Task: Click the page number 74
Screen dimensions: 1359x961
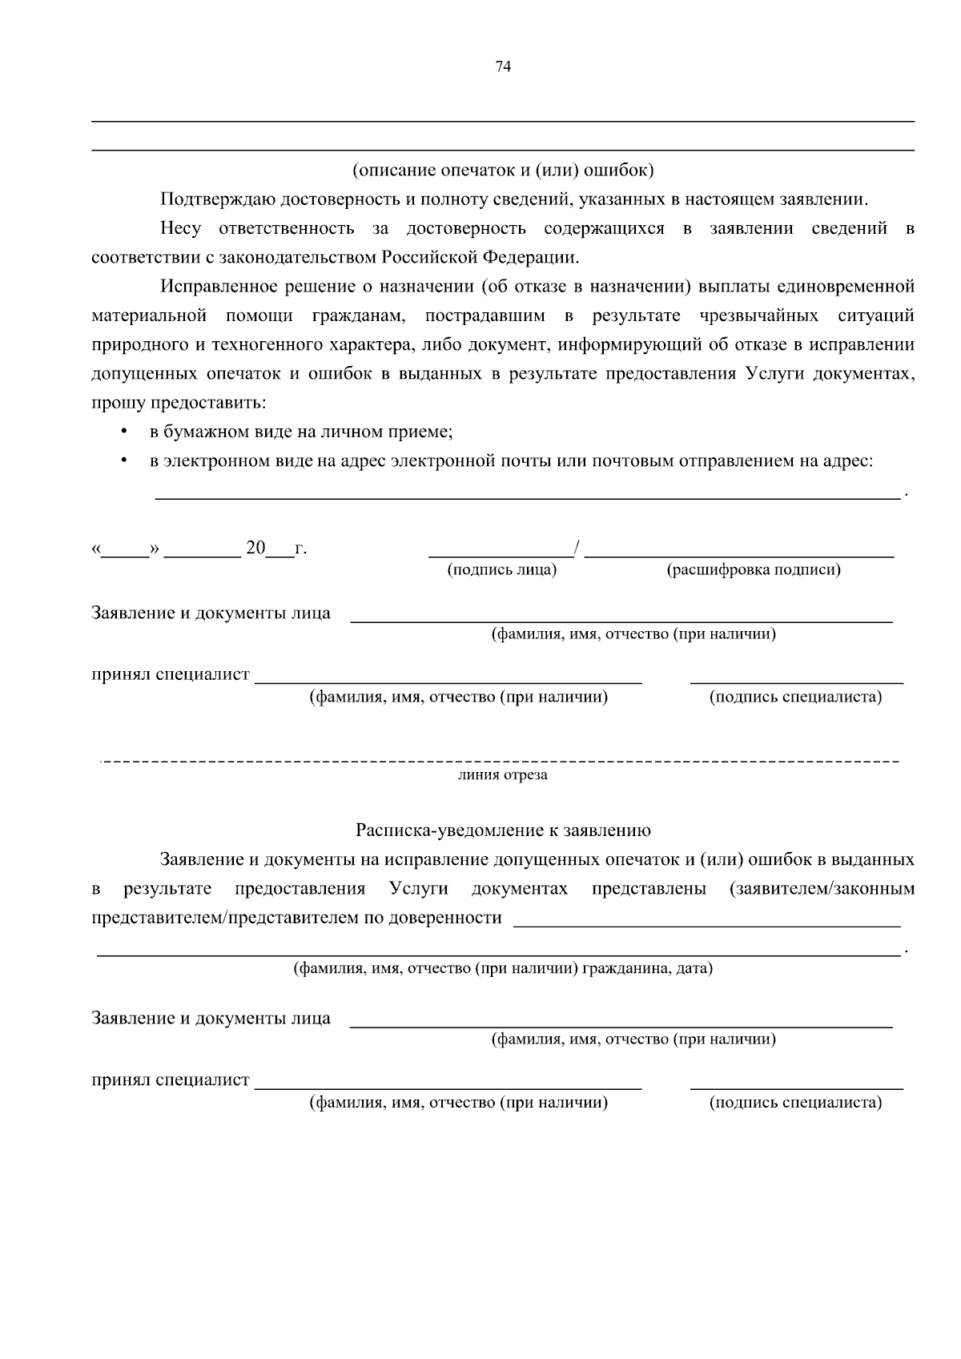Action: tap(503, 66)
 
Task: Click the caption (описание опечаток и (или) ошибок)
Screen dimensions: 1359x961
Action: tap(503, 170)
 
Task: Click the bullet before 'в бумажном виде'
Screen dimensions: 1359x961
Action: tap(123, 432)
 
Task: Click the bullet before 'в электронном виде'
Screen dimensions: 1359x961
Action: tap(123, 461)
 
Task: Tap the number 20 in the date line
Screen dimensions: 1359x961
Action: tap(255, 549)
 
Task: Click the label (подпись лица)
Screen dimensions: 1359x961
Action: tap(501, 570)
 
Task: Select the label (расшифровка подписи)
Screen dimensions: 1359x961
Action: tap(754, 570)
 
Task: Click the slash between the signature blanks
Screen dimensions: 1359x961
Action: tap(577, 549)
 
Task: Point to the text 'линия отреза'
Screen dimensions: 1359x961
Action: tap(503, 775)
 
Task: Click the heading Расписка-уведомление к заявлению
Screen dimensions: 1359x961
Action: tap(503, 830)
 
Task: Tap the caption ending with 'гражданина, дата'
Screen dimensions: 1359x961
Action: tap(503, 968)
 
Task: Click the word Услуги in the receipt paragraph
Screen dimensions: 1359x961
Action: tap(418, 889)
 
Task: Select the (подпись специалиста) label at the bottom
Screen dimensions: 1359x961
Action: tap(795, 1103)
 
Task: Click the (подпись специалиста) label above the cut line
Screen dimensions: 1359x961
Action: tap(795, 698)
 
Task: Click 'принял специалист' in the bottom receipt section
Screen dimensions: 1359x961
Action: tap(171, 1080)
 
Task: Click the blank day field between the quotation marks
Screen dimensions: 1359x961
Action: tap(125, 550)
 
